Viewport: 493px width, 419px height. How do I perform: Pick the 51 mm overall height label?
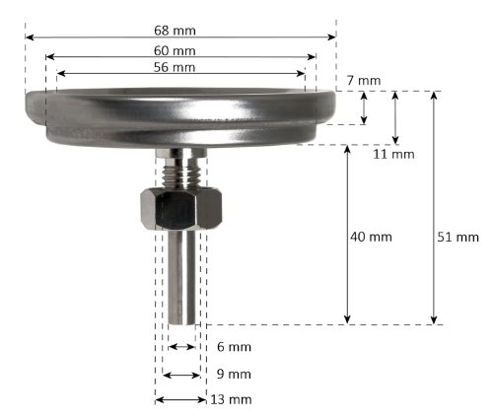pos(457,237)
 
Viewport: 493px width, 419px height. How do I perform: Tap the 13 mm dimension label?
pos(233,399)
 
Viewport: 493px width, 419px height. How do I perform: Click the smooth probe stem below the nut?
pos(180,276)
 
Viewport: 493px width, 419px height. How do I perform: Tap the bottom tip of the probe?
pos(180,322)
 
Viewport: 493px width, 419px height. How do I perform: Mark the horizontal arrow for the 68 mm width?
pos(99,36)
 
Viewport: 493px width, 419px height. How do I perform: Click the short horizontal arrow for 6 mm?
pos(180,347)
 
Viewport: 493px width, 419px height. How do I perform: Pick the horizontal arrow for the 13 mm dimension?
pos(179,399)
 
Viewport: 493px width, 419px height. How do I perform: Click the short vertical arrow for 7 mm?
pos(365,108)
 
